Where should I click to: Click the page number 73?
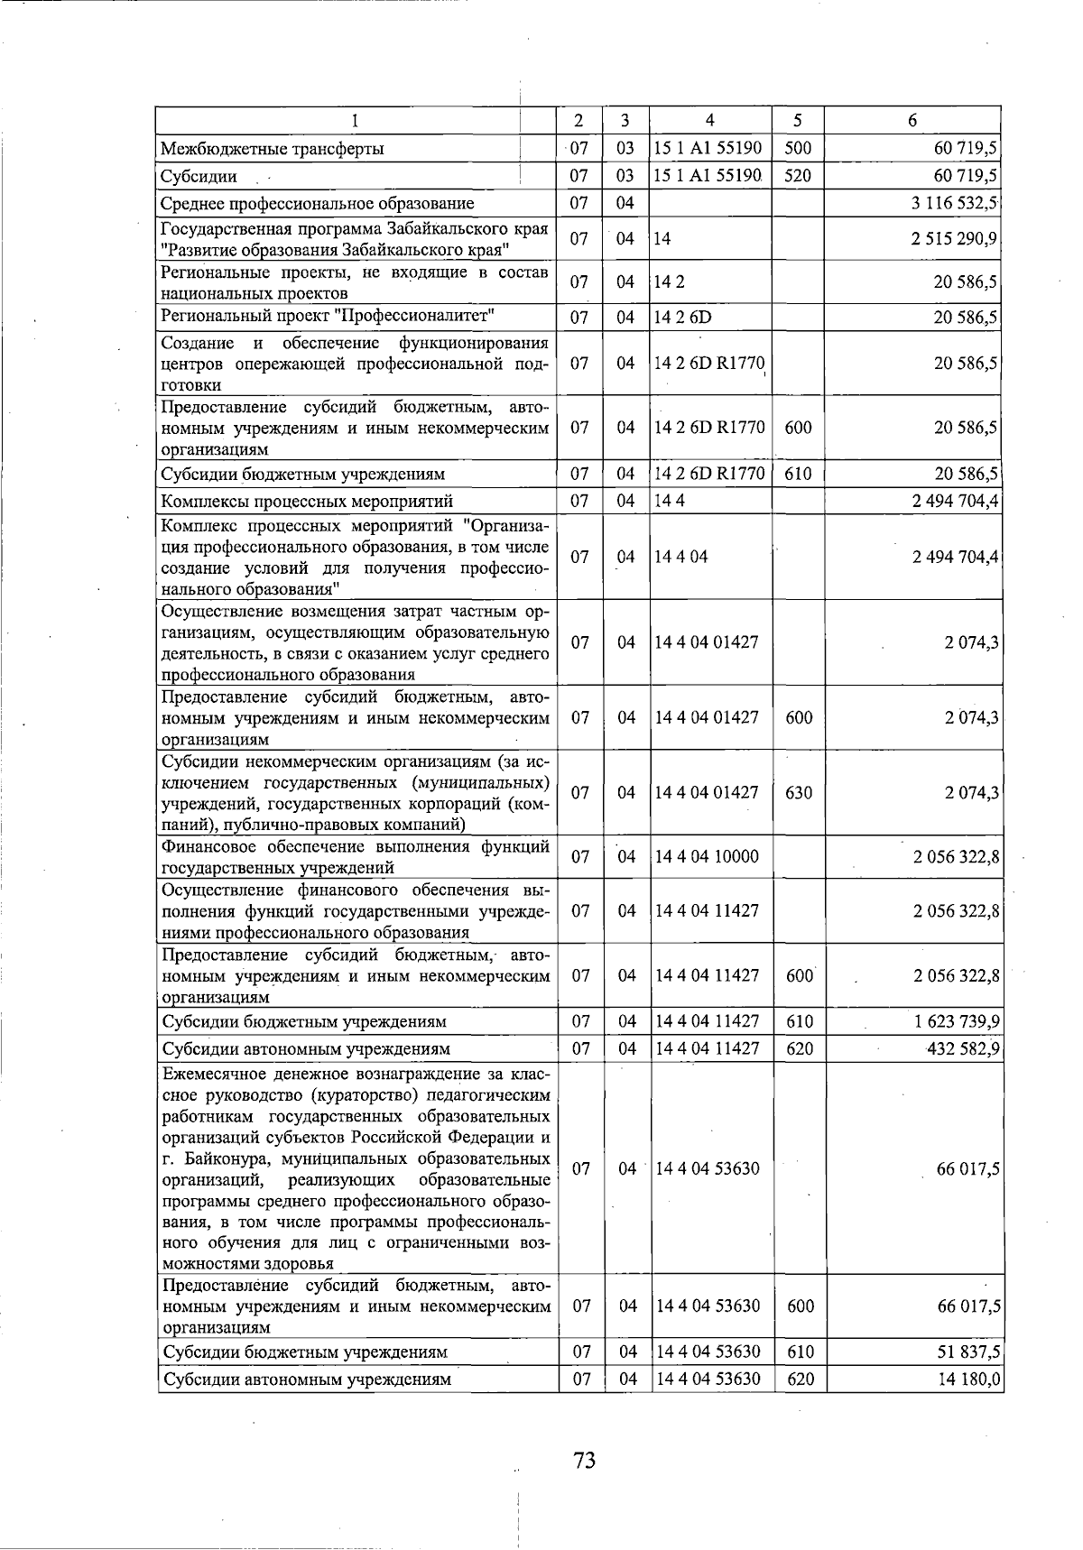(x=584, y=1459)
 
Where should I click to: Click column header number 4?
(x=710, y=120)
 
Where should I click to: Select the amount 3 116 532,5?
(x=954, y=204)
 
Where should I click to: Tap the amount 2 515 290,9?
(x=954, y=239)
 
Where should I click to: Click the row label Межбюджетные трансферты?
(x=273, y=149)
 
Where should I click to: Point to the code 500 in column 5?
(x=799, y=148)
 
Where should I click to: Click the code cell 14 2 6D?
(x=683, y=318)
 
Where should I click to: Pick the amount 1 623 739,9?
(x=954, y=1022)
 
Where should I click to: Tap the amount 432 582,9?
(x=962, y=1048)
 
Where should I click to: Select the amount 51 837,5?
(x=967, y=1352)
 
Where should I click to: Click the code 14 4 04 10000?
(x=707, y=857)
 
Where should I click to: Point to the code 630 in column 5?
(x=799, y=793)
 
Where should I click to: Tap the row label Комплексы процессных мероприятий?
(x=307, y=502)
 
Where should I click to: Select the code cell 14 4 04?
(x=681, y=558)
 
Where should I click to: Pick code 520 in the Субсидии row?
(x=799, y=176)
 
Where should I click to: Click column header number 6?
(x=913, y=120)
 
